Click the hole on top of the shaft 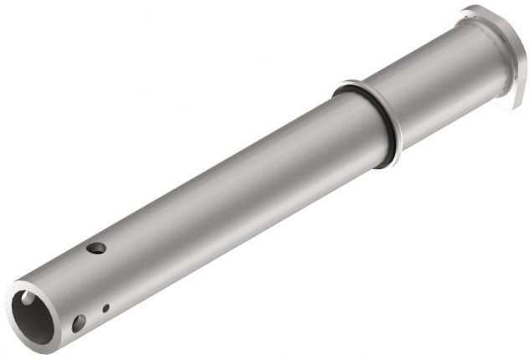tap(96, 248)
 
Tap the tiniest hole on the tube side tap(105, 309)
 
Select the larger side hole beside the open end tap(79, 322)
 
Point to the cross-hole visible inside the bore tap(28, 298)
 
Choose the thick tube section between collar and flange tap(435, 84)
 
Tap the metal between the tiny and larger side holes tap(93, 316)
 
